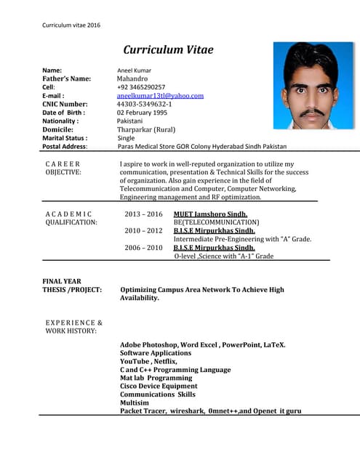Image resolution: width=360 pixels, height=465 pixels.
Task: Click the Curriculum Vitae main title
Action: [168, 50]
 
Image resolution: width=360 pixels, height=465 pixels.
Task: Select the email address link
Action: [160, 95]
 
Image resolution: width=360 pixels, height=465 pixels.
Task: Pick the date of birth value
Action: [142, 113]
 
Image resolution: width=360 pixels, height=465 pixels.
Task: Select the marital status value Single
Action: [126, 137]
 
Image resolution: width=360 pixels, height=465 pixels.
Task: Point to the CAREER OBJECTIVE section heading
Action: [63, 169]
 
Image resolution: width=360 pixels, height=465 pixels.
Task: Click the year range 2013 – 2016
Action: [143, 214]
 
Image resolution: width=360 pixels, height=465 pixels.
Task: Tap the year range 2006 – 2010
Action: [143, 248]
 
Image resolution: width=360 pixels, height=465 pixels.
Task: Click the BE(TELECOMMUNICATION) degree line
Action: [215, 222]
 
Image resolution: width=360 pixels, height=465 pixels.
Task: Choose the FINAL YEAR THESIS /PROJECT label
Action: [71, 286]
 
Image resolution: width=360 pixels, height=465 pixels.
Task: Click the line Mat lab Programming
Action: [156, 378]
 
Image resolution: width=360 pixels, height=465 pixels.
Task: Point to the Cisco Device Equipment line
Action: [158, 387]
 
